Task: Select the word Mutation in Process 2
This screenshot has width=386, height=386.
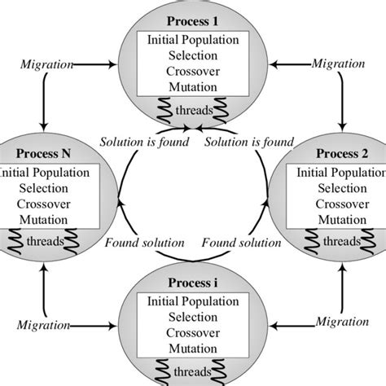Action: tap(340, 220)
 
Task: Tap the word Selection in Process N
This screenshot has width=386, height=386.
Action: tap(46, 189)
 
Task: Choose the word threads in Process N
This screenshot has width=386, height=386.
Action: tap(46, 243)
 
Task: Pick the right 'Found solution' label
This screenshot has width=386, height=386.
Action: tap(242, 242)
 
